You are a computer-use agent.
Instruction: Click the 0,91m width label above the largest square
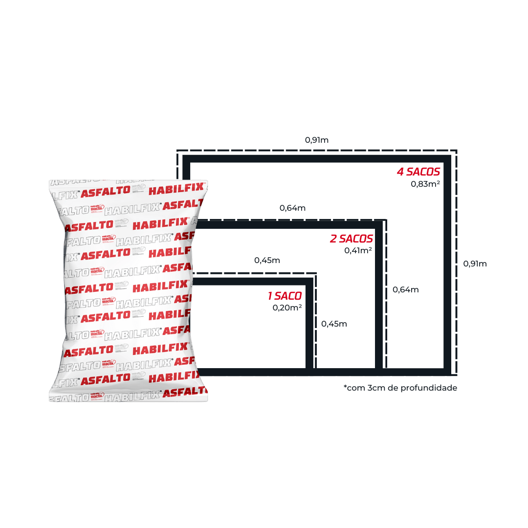(317, 140)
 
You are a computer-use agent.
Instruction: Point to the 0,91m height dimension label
(475, 264)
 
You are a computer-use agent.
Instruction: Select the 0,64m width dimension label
(293, 208)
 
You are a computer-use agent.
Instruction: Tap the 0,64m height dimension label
(406, 289)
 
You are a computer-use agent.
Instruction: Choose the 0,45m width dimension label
(267, 260)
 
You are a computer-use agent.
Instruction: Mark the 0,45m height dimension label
(334, 324)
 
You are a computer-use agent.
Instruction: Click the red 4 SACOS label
(418, 172)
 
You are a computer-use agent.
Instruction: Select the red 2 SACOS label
(352, 239)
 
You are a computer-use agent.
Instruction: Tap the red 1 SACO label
(285, 296)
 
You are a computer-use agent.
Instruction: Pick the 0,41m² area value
(358, 251)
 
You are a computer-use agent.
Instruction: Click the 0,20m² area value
(287, 308)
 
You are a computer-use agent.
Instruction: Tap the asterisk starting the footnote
(345, 387)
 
